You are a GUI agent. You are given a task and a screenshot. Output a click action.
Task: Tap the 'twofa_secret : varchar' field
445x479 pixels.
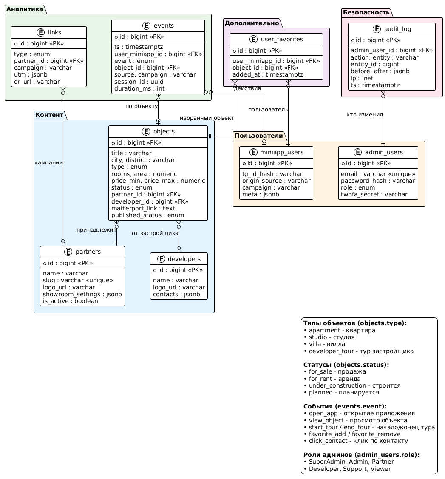(x=374, y=195)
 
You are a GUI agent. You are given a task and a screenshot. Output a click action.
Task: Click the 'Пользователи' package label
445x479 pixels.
(x=259, y=136)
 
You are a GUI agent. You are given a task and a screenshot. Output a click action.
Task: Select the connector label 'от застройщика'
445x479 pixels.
(x=155, y=233)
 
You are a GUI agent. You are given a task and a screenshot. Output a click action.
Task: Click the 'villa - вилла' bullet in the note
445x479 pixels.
(x=325, y=344)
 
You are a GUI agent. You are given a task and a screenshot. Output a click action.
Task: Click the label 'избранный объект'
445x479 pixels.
(x=207, y=118)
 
